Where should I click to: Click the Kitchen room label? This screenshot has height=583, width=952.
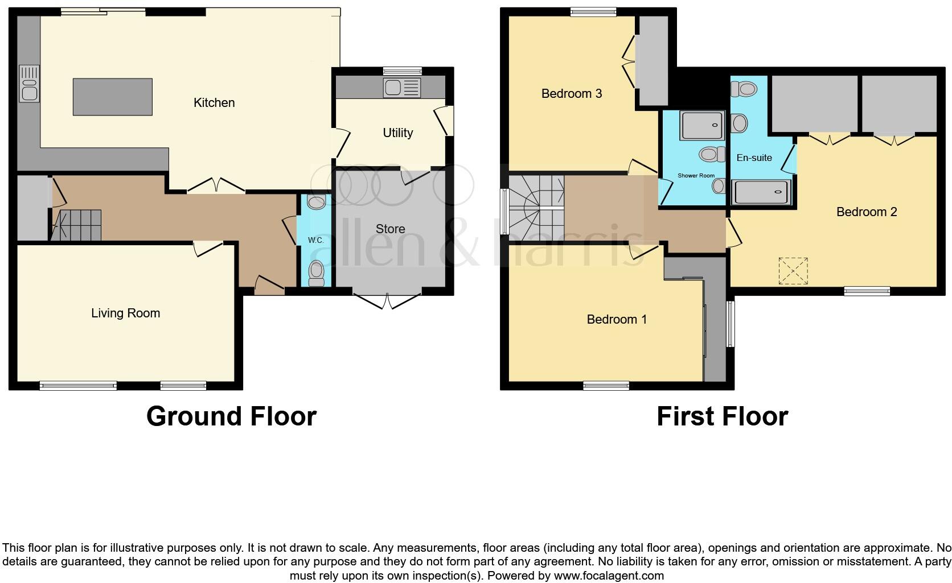(x=214, y=103)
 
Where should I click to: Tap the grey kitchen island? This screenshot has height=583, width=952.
(x=113, y=97)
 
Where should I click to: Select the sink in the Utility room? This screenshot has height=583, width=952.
(x=402, y=88)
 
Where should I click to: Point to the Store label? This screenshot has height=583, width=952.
(x=391, y=229)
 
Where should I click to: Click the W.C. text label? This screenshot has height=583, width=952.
(x=316, y=241)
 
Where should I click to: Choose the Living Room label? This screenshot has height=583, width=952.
(x=125, y=313)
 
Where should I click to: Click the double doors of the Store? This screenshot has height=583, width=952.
(x=387, y=301)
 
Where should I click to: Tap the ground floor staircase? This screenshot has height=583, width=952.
(x=77, y=225)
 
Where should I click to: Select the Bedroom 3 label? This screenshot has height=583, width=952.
(x=572, y=93)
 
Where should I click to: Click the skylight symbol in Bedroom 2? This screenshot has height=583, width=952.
(x=793, y=271)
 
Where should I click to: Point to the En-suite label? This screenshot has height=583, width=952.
(x=754, y=158)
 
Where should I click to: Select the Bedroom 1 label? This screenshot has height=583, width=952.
(x=617, y=319)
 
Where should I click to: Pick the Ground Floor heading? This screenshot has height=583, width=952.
(x=231, y=416)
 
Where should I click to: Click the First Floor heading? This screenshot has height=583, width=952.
(x=722, y=416)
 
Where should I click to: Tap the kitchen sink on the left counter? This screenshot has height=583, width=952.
(x=28, y=84)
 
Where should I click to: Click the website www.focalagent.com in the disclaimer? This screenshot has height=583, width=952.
(x=609, y=576)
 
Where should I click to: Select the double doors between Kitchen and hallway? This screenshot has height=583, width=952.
(x=216, y=185)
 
